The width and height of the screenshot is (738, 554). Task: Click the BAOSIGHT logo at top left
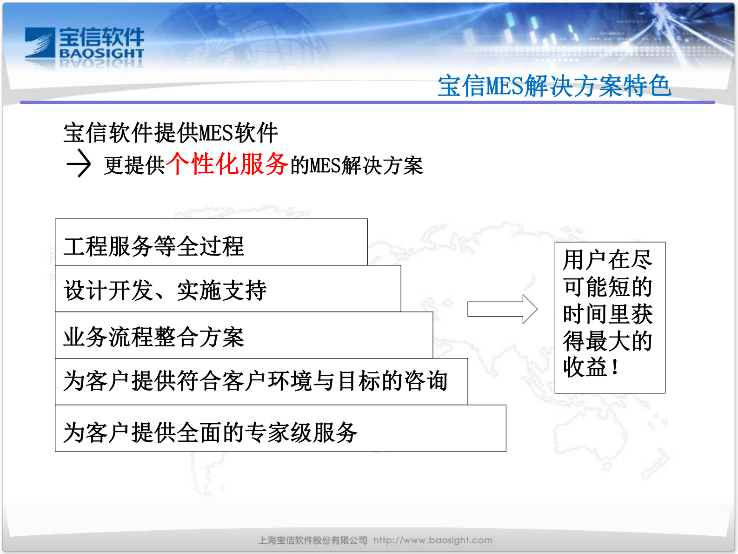[85, 45]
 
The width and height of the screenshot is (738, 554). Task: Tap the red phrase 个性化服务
[226, 164]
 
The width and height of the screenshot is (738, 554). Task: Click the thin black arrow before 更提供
[79, 163]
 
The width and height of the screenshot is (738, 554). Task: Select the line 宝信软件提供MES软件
[171, 133]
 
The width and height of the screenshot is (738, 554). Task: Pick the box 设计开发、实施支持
[227, 289]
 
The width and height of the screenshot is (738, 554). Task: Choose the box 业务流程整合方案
[243, 336]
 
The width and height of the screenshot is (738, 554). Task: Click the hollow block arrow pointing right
[502, 309]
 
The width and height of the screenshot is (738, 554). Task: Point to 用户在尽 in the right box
[607, 260]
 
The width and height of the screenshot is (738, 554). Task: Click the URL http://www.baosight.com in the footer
[432, 540]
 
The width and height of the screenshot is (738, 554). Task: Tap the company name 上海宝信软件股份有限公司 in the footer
[312, 540]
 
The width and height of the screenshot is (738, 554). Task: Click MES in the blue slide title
[504, 87]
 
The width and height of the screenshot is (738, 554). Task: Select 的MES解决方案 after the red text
[357, 166]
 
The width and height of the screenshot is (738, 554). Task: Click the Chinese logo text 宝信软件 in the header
[101, 37]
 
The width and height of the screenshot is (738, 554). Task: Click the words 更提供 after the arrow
[134, 166]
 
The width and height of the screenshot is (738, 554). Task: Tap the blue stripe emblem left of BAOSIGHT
[40, 43]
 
